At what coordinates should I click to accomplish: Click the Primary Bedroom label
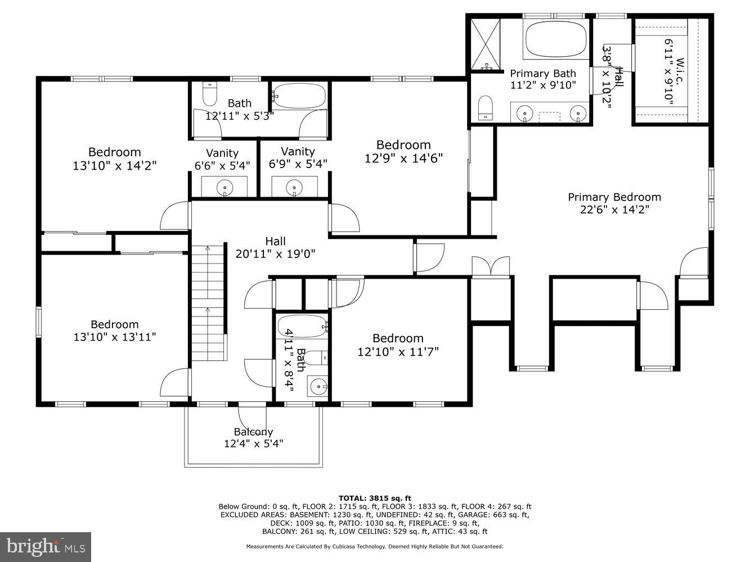[x=614, y=197]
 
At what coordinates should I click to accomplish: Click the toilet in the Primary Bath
[x=485, y=107]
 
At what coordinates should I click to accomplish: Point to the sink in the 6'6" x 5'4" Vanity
[x=224, y=186]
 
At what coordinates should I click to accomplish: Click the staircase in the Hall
[x=208, y=303]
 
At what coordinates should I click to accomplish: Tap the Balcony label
[x=253, y=432]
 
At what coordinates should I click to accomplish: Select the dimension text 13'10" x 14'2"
[x=114, y=166]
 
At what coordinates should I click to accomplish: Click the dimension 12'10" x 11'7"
[x=398, y=352]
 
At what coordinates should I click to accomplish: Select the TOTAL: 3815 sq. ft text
[x=375, y=498]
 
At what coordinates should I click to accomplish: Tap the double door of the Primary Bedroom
[x=491, y=266]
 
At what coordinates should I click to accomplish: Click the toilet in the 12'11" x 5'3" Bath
[x=209, y=94]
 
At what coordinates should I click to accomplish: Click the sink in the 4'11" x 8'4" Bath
[x=318, y=387]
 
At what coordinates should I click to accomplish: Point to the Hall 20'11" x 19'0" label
[x=275, y=247]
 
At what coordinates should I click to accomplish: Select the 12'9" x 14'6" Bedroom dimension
[x=403, y=158]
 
